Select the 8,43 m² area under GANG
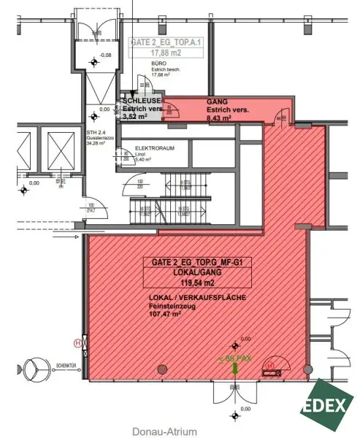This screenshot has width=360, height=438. coord(219,116)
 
